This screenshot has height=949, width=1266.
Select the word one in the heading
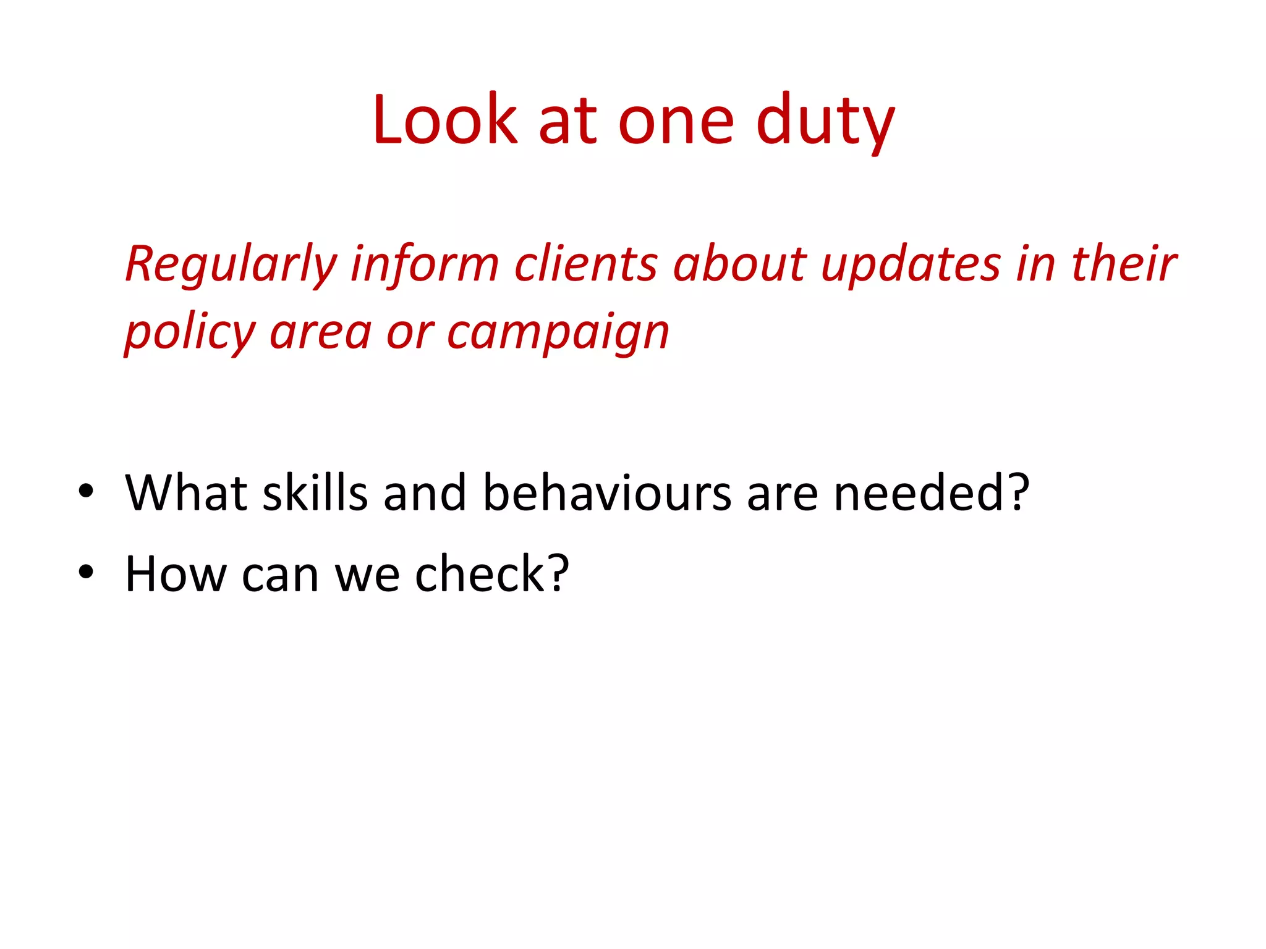(676, 122)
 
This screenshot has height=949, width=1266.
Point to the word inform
(425, 264)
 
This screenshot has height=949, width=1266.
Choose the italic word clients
(586, 264)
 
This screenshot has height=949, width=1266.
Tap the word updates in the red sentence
(911, 265)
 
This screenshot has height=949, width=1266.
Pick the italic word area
(321, 332)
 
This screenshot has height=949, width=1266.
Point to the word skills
(315, 492)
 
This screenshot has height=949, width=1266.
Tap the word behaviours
(607, 492)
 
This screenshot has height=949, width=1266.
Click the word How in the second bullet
(176, 574)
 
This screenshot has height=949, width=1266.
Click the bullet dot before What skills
(86, 492)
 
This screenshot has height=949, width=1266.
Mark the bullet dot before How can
(86, 573)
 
